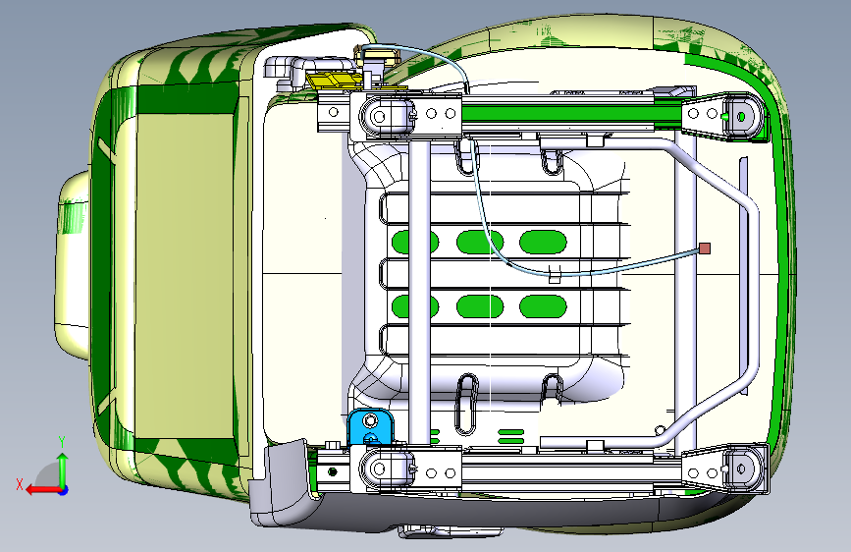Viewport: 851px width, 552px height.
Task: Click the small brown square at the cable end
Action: [704, 248]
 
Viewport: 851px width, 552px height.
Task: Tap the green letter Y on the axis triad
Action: [62, 441]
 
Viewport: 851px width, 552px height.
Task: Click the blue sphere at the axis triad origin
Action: [63, 488]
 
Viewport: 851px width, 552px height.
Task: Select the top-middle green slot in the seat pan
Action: [480, 241]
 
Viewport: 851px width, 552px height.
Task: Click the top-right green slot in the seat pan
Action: [544, 241]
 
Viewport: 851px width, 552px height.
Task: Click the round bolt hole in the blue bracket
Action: [369, 422]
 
